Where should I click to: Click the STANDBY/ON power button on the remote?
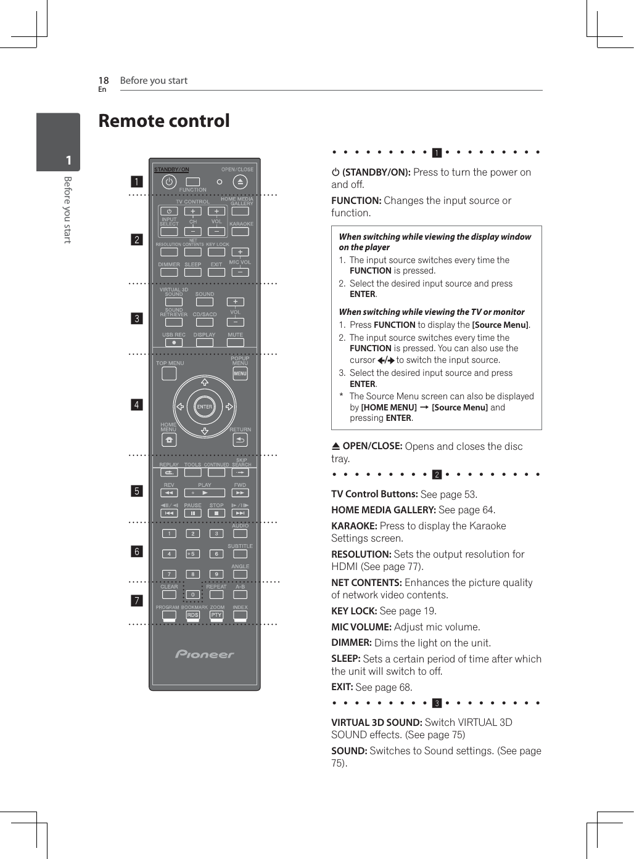tap(169, 182)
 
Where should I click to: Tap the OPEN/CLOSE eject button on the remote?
tap(241, 182)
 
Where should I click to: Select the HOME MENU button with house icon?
tap(169, 440)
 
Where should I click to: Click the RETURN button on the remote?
tap(241, 440)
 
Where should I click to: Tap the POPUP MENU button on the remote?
tap(240, 373)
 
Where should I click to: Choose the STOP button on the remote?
tap(216, 513)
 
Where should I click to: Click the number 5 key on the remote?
tap(192, 554)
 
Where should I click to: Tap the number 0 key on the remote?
tap(192, 595)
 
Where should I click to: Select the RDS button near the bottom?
tap(192, 615)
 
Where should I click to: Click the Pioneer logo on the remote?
tap(205, 654)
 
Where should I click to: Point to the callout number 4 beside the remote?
tap(136, 405)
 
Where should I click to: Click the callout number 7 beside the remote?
tap(136, 600)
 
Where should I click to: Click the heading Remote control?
tap(164, 121)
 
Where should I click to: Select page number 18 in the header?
tap(104, 81)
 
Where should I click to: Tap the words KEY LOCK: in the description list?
tap(354, 611)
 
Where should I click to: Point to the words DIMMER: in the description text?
tap(352, 643)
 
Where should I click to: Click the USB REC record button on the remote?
tap(174, 343)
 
